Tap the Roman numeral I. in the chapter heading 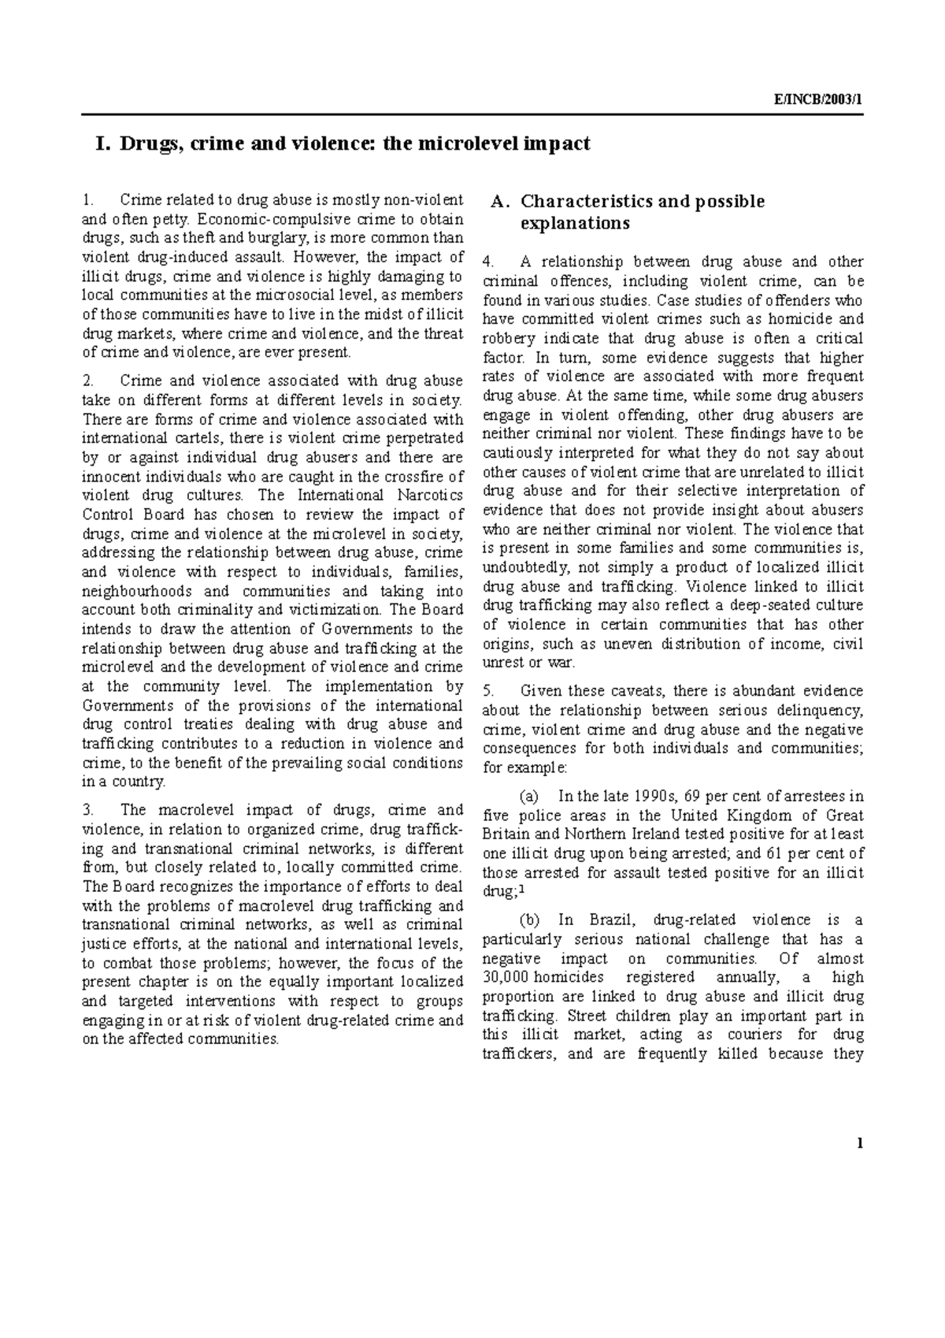point(102,145)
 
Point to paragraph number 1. point(87,200)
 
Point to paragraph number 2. point(87,381)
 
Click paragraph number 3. point(87,810)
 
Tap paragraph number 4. point(487,262)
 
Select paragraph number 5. point(487,691)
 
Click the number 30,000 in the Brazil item point(504,977)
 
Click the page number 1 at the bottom point(861,1143)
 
